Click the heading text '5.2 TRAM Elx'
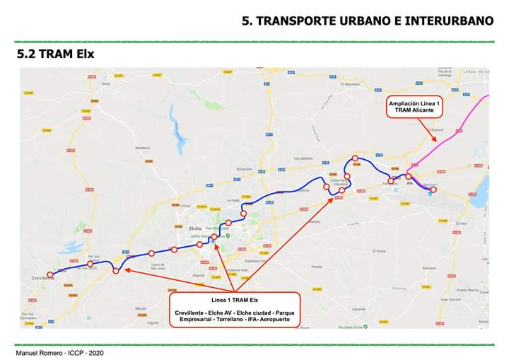tap(56, 54)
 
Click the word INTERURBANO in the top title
tap(446, 21)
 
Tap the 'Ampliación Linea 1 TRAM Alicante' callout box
tap(414, 107)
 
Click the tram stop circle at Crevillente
tap(49, 274)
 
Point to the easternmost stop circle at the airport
tap(434, 190)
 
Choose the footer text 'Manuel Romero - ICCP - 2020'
tap(59, 352)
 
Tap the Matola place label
tap(141, 308)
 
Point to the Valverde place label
tap(358, 309)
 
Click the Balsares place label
tap(429, 268)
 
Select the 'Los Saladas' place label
tap(303, 158)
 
